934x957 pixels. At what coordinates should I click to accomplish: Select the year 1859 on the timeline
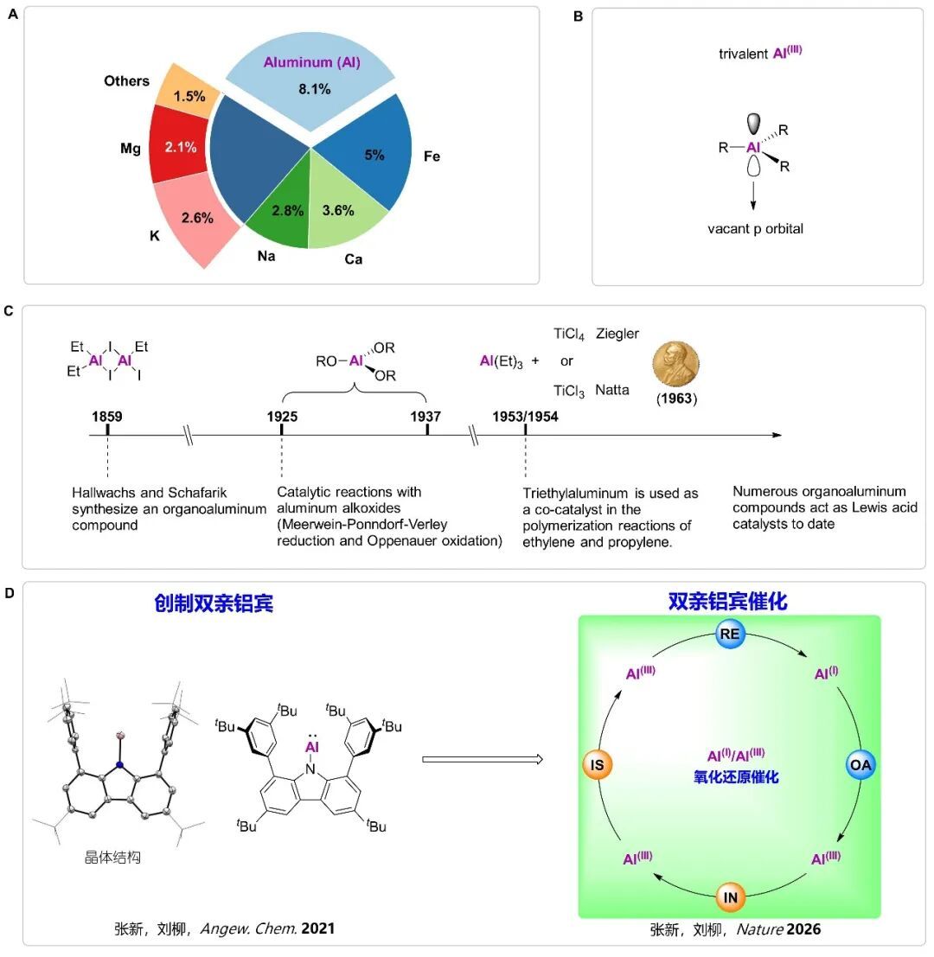(106, 415)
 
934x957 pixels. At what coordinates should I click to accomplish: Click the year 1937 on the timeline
(427, 415)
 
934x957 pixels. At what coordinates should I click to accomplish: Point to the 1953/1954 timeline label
(526, 415)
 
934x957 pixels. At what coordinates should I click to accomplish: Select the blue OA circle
(860, 765)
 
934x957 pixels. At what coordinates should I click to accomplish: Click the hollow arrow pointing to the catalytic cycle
(482, 760)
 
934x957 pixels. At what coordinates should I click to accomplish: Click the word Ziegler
(618, 334)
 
